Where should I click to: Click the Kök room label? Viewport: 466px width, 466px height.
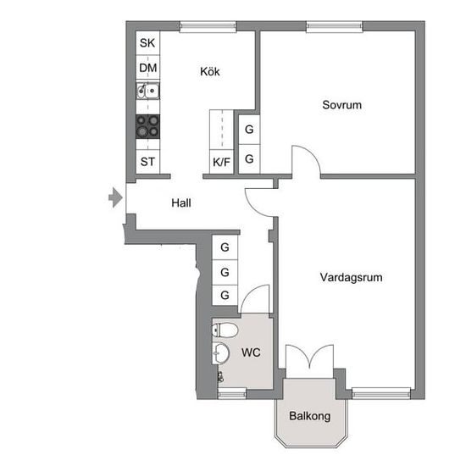point(210,72)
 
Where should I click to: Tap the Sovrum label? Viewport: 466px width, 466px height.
point(341,105)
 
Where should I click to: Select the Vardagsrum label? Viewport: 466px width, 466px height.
point(351,278)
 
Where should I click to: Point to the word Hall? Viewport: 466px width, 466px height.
point(181,203)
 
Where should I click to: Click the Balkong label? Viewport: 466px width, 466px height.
point(309,416)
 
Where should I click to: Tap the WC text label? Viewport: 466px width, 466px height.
point(251,352)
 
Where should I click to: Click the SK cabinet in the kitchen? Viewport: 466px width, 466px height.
point(147,43)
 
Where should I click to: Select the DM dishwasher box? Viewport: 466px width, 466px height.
point(147,68)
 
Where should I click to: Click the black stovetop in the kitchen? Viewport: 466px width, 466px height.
point(147,126)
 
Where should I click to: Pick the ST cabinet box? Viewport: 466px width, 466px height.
point(147,162)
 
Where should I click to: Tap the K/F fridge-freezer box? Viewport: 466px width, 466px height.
point(221,162)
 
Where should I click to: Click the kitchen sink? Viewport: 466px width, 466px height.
point(147,91)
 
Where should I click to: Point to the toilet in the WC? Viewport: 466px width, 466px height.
point(225,330)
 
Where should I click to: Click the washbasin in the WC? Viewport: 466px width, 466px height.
point(220,353)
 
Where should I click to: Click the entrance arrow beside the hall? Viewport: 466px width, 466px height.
point(115,197)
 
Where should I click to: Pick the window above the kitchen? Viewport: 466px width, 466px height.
point(208,26)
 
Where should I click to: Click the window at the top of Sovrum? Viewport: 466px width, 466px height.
point(335,26)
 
